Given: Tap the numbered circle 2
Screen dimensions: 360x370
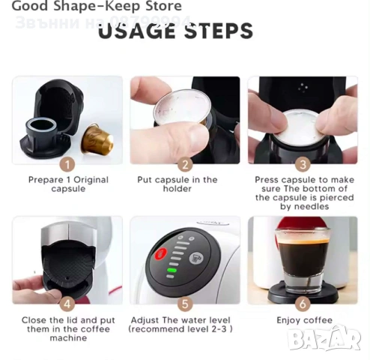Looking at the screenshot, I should [x=186, y=164].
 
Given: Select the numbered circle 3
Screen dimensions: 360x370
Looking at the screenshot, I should [x=303, y=164].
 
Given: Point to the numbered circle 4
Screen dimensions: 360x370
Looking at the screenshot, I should [x=67, y=304].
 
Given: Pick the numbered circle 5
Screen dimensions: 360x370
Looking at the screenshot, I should [x=186, y=304].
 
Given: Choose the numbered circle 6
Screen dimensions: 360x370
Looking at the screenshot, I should [x=303, y=304].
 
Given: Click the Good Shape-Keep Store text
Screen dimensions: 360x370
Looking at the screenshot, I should [x=96, y=7].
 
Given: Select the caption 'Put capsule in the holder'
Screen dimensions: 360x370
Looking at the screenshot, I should [x=177, y=184].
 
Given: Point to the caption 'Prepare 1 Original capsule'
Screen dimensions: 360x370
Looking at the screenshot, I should [x=68, y=184].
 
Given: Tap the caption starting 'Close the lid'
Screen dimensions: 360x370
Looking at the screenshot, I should [x=68, y=329].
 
